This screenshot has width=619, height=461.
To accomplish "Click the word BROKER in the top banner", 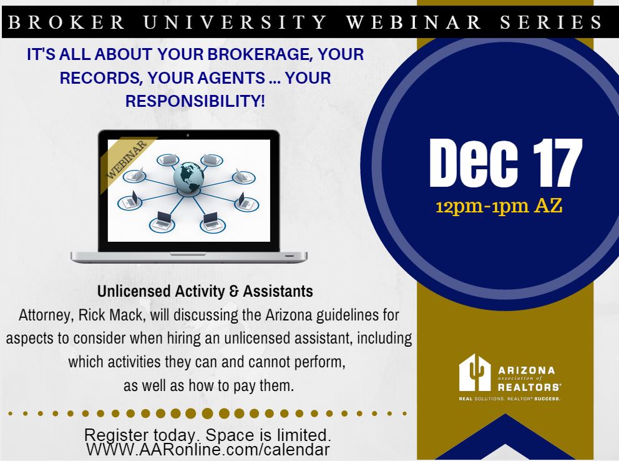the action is pyautogui.click(x=66, y=22).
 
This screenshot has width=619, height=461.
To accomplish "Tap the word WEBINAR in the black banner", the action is pyautogui.click(x=413, y=22).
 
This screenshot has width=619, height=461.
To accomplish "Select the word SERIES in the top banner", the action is pyautogui.click(x=551, y=22).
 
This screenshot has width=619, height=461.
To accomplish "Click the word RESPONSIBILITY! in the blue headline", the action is pyautogui.click(x=195, y=101).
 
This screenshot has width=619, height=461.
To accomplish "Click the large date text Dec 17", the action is pyautogui.click(x=505, y=163).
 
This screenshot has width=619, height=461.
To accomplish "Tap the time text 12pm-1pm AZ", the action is pyautogui.click(x=499, y=206).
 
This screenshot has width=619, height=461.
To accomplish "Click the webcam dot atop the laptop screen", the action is pyautogui.click(x=188, y=135).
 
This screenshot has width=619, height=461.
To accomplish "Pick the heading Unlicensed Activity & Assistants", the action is pyautogui.click(x=205, y=291).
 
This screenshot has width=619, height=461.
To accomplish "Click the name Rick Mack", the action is pyautogui.click(x=110, y=315).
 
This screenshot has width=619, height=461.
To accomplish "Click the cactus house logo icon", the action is pyautogui.click(x=475, y=372).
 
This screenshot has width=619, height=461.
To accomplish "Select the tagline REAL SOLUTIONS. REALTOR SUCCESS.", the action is pyautogui.click(x=510, y=399).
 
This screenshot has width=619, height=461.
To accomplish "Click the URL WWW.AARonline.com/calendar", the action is pyautogui.click(x=208, y=449).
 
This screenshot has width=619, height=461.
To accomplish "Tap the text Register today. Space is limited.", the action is pyautogui.click(x=208, y=435).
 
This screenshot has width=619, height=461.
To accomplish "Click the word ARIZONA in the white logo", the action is pyautogui.click(x=527, y=370).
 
